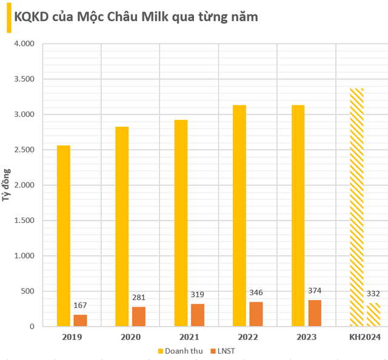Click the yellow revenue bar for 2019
click(63, 236)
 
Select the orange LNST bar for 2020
click(138, 316)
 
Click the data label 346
click(256, 293)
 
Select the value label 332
click(373, 293)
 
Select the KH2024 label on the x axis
click(364, 336)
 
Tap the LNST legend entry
click(224, 350)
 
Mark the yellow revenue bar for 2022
click(239, 216)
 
